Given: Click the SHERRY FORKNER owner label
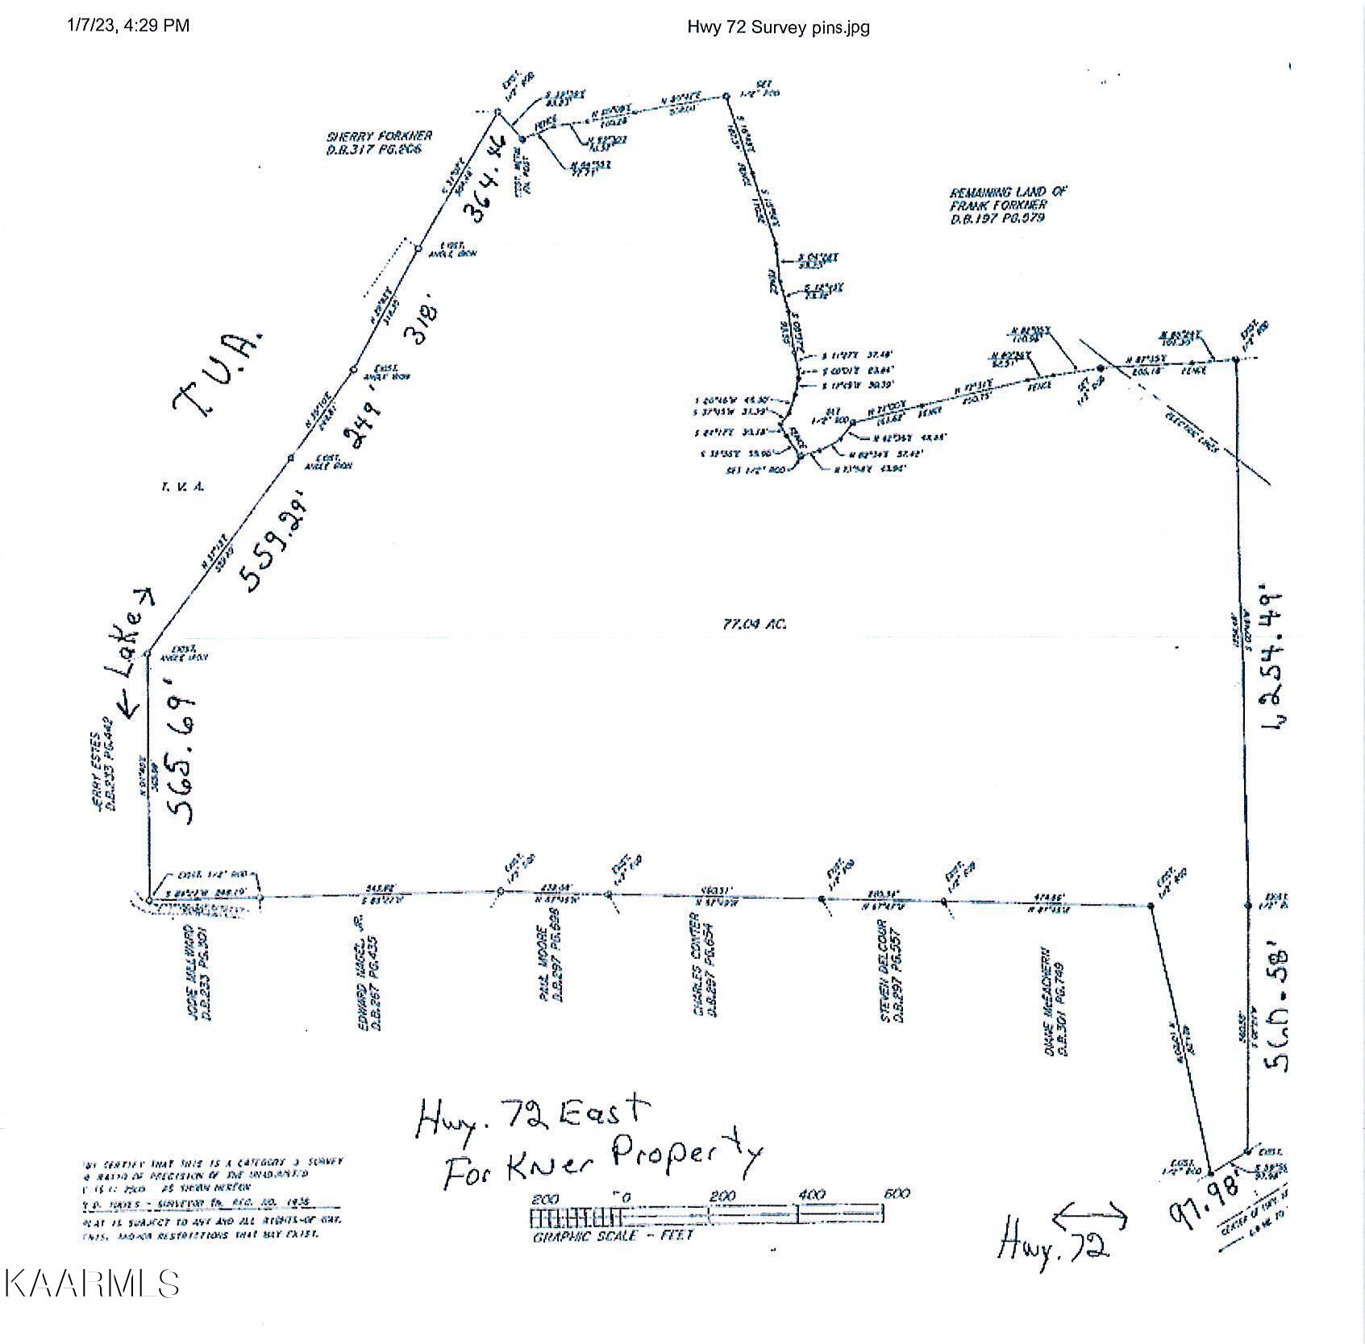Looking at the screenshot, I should (x=379, y=143).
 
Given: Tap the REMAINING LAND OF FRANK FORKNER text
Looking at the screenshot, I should (x=1008, y=205).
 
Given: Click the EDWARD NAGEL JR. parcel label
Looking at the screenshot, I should (x=369, y=983).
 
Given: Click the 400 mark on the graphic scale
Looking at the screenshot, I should (x=811, y=1194).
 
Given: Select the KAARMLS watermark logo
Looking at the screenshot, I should (x=91, y=1282).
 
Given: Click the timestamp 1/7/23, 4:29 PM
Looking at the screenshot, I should (x=128, y=26).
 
